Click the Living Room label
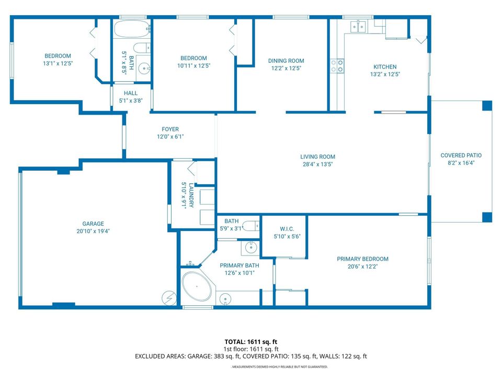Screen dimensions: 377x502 [317, 157]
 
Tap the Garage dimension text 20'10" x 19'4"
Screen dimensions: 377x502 [93, 231]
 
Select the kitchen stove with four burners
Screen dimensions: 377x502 [337, 65]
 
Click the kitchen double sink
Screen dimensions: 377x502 [358, 26]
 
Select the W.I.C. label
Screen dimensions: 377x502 [286, 228]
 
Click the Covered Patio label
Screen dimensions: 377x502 [461, 156]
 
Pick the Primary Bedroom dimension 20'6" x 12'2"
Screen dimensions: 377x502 [362, 267]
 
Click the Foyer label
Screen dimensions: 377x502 [170, 129]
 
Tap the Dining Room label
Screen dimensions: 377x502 [286, 61]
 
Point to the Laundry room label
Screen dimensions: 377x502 [191, 194]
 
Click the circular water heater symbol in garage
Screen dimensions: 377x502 [168, 297]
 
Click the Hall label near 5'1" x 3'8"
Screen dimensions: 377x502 [131, 93]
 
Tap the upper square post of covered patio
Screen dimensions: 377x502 [487, 105]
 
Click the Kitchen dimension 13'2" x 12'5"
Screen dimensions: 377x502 [384, 74]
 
